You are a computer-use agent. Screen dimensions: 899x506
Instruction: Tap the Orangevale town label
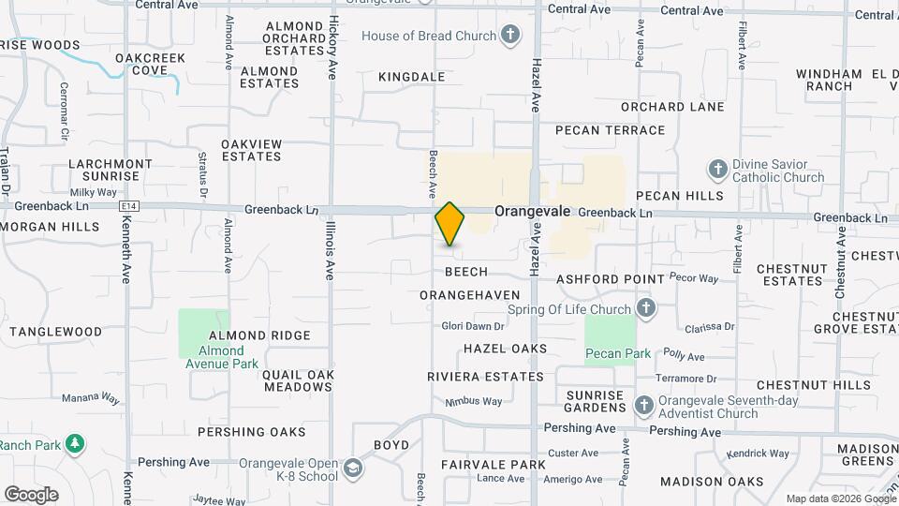click(532, 212)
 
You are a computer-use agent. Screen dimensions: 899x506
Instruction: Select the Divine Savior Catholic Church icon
click(717, 170)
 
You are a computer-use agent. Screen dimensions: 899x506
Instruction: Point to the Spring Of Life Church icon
click(645, 308)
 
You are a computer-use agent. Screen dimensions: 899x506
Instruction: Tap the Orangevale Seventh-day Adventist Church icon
click(643, 406)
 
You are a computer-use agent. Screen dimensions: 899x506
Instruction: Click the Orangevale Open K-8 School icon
click(353, 467)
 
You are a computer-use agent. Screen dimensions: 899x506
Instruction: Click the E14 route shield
click(129, 206)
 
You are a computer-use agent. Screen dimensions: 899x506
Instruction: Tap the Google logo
click(31, 494)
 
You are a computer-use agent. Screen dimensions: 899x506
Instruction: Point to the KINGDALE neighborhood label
click(411, 77)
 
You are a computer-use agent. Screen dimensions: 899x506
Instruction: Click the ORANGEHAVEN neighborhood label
click(469, 295)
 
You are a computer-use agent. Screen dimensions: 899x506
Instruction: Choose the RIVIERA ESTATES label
click(485, 377)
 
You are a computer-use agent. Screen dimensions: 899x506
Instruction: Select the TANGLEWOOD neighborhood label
click(55, 332)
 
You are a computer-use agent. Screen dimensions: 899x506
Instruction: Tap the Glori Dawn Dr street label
click(473, 326)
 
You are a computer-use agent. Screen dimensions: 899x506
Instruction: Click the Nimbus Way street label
click(474, 401)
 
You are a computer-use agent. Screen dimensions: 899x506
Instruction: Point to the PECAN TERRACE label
click(610, 130)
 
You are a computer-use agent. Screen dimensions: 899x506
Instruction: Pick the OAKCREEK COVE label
click(150, 64)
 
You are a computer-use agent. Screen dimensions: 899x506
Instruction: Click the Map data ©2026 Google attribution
click(840, 499)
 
